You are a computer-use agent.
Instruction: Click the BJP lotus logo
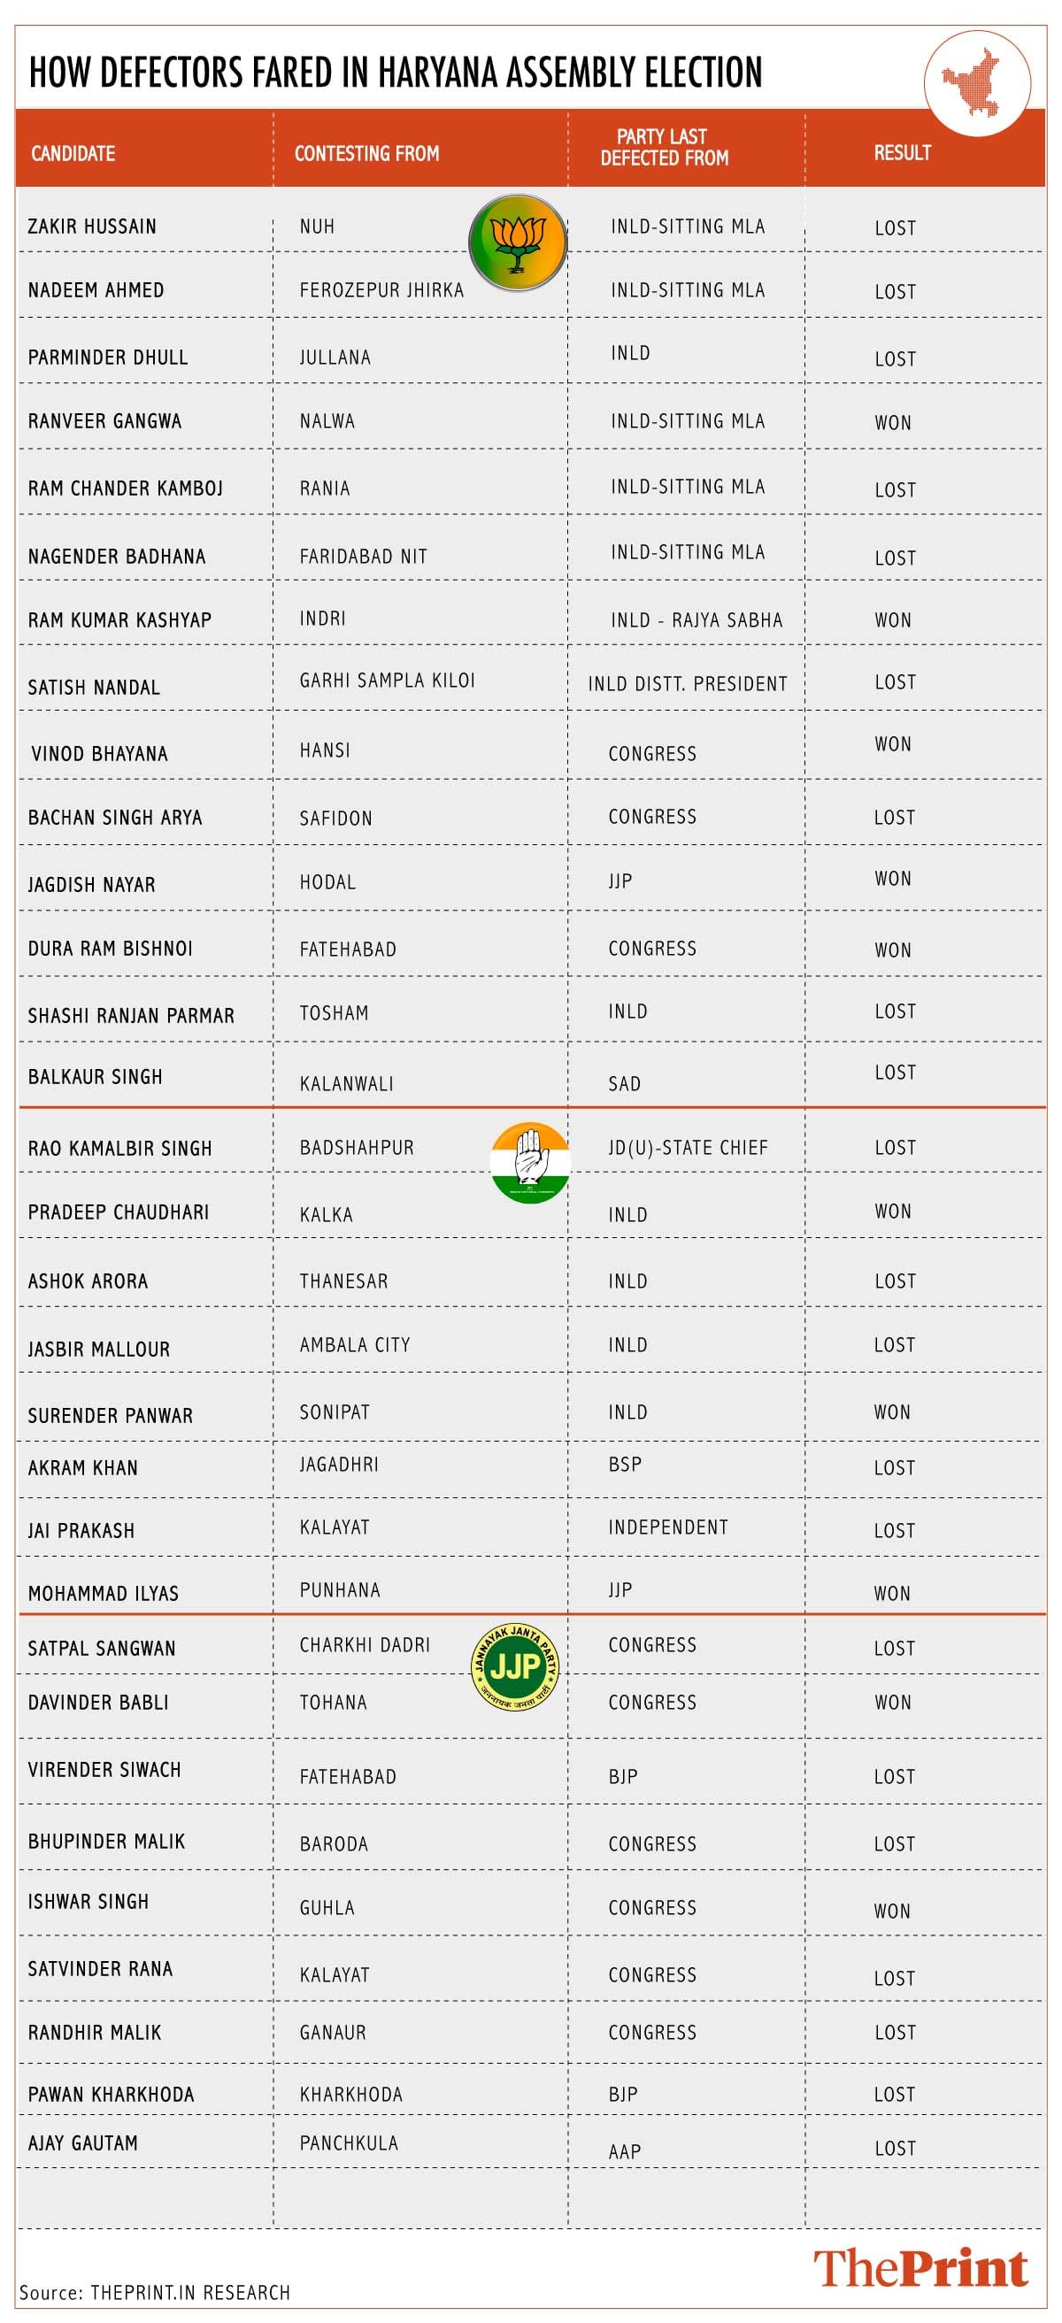[518, 242]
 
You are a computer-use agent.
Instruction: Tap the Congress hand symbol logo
[530, 1163]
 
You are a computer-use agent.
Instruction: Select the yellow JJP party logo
[515, 1666]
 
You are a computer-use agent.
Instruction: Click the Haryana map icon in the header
[977, 82]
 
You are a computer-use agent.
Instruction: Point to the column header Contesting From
[366, 153]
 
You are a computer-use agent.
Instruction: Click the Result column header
[902, 152]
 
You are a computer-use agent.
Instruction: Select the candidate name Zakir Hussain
[92, 227]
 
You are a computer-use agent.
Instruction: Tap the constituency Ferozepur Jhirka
[381, 290]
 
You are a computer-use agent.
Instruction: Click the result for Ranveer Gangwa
[892, 423]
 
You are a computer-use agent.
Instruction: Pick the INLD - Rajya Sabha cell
[696, 620]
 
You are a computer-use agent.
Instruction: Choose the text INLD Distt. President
[687, 684]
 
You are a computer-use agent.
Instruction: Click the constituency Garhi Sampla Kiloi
[387, 681]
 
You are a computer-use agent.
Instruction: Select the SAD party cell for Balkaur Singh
[624, 1084]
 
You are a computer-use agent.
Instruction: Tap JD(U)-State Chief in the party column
[688, 1148]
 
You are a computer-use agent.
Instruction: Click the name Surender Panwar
[110, 1416]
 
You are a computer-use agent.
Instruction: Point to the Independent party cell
[667, 1527]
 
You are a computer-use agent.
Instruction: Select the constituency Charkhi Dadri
[365, 1645]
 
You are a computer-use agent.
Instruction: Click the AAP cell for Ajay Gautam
[624, 2151]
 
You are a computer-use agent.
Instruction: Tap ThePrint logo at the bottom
[920, 2268]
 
